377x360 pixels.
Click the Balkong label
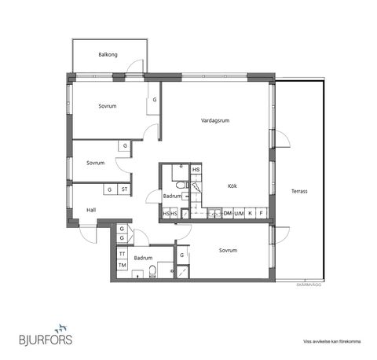[x=108, y=54]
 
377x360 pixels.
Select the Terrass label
[x=298, y=191]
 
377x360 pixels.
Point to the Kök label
[x=232, y=186]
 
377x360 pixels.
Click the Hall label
[x=91, y=210]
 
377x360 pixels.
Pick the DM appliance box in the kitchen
[x=227, y=213]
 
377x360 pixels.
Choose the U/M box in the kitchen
[x=239, y=213]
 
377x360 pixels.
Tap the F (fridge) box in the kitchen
[x=261, y=213]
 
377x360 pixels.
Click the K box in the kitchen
[x=250, y=213]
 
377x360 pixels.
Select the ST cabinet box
[x=124, y=189]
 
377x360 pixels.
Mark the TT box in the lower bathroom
[x=122, y=255]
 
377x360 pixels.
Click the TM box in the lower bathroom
[x=122, y=265]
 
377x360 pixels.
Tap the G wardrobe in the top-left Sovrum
[x=154, y=100]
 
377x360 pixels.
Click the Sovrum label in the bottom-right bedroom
[x=228, y=250]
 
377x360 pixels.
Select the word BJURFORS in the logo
[x=44, y=340]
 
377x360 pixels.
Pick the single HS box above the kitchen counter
[x=196, y=169]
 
